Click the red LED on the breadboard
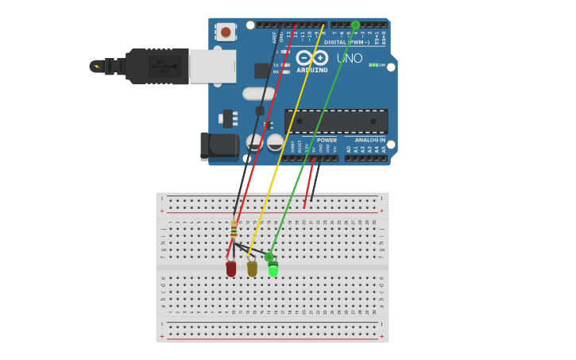[x=231, y=269]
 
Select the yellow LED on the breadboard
[x=252, y=269]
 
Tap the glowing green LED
[x=273, y=269]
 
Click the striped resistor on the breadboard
[x=234, y=230]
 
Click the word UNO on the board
[x=350, y=58]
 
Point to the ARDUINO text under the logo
[x=312, y=70]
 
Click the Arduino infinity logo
[x=312, y=57]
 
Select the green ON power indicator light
[x=372, y=65]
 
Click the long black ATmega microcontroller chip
[x=336, y=121]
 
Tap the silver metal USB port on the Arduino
[x=213, y=66]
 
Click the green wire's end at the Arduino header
[x=355, y=25]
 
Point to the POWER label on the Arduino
[x=327, y=140]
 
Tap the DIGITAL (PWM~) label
[x=346, y=41]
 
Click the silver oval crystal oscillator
[x=259, y=94]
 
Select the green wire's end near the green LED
[x=269, y=257]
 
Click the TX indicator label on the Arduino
[x=276, y=65]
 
